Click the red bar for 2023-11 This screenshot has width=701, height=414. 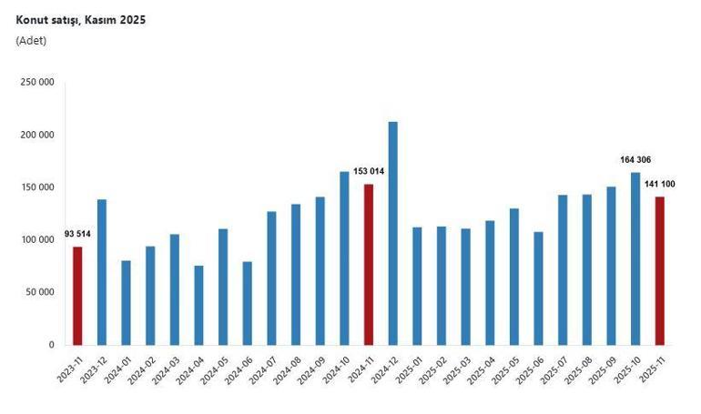point(77,296)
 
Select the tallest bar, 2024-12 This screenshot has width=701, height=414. point(393,233)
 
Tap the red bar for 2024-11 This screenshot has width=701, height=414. point(369,264)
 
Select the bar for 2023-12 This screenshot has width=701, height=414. point(102,272)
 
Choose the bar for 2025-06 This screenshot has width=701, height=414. point(538,288)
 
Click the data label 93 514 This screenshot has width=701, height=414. point(77,235)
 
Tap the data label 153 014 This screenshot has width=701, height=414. point(369,171)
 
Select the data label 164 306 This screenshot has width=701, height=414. point(635,159)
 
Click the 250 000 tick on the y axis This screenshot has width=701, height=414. point(39,82)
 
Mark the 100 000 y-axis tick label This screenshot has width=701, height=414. point(39,240)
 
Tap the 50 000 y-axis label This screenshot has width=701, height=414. point(42,293)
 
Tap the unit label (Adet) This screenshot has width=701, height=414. point(31,40)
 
